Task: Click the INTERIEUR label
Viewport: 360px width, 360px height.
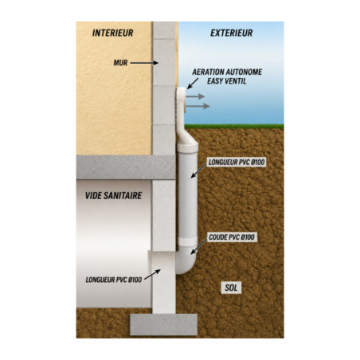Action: (112, 33)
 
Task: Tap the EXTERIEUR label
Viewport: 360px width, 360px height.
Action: (232, 33)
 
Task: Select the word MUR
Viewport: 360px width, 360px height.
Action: (120, 63)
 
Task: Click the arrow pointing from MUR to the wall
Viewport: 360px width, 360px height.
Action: (144, 63)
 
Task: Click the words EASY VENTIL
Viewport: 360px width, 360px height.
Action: (227, 81)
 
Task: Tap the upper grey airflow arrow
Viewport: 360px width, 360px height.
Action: (195, 96)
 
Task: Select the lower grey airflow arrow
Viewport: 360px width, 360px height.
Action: (198, 106)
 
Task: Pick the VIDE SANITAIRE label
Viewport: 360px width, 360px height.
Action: (113, 196)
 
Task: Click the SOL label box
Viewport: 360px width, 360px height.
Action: (231, 288)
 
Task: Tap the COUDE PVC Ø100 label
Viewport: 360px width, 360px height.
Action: (232, 237)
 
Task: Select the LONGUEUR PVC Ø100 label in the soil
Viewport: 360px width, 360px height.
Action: (237, 162)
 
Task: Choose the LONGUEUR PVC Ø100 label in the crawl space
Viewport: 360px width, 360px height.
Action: (114, 280)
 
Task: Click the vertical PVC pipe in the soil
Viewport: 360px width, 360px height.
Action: (188, 195)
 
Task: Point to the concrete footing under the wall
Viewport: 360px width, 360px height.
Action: (163, 324)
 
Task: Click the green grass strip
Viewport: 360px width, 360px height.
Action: (234, 127)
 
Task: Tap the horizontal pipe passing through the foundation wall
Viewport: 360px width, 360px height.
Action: (162, 263)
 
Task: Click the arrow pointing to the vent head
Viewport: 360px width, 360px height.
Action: (193, 83)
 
